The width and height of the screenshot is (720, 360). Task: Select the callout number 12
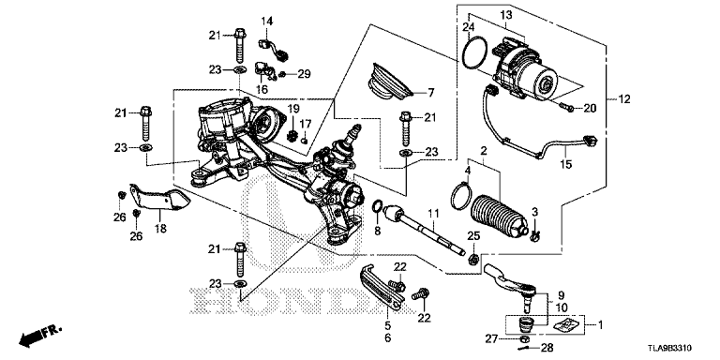[x=624, y=98]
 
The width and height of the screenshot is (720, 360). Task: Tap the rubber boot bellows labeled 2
[x=499, y=218]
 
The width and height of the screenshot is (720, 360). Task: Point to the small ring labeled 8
[x=377, y=206]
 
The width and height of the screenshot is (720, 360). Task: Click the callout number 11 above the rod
[x=433, y=214]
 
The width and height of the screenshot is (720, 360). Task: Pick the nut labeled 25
[x=473, y=260]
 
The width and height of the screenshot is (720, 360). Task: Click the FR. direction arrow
[x=40, y=337]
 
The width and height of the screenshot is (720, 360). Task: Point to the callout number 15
[x=566, y=164]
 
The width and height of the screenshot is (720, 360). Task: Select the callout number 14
[x=267, y=21]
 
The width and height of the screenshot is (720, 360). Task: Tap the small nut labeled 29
[x=284, y=74]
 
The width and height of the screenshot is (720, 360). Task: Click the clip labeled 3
[x=535, y=236]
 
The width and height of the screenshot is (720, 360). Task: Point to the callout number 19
[x=293, y=109]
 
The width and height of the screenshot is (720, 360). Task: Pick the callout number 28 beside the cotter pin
[x=547, y=348]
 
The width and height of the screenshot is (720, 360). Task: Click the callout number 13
[x=505, y=15]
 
